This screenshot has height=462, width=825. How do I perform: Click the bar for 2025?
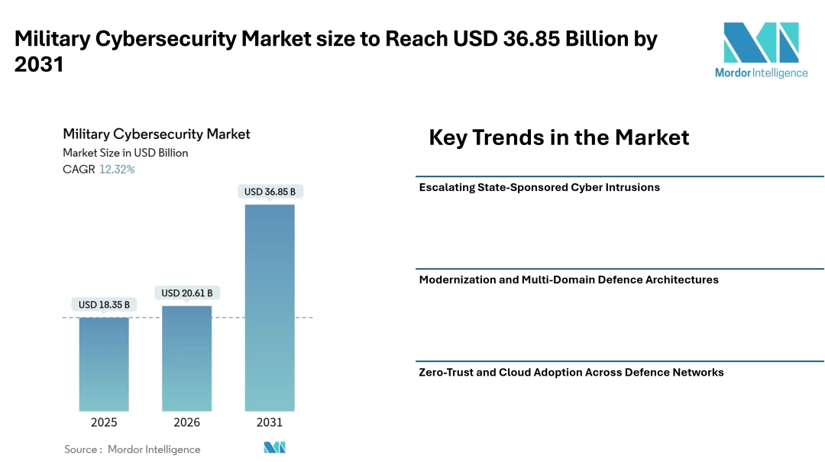pos(104,364)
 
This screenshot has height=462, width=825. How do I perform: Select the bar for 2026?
pos(186,358)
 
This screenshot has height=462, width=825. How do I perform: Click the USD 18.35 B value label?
pos(104,305)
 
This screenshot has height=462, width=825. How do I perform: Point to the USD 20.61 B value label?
pos(186,292)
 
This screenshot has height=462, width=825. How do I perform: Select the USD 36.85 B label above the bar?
pos(270,192)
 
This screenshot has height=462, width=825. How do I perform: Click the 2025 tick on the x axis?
pos(104,422)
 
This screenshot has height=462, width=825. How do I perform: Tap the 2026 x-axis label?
pos(186,422)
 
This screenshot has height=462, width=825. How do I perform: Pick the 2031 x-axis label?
pos(270,422)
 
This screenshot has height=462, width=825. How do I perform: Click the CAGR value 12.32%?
pos(117,170)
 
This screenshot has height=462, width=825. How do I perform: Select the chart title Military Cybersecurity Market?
pos(157,134)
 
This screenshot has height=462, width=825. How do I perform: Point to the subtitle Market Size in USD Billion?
pos(125,153)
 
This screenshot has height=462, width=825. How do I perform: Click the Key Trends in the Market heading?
pos(558,137)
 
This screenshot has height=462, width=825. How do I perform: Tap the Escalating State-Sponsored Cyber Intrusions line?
pos(539,187)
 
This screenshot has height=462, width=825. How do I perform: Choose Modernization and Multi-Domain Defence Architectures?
pos(568,279)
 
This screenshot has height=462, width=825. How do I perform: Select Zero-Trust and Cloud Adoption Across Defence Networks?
pos(571,373)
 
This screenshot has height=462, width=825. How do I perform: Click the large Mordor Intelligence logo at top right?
pos(761,50)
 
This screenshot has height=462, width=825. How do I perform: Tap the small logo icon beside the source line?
pos(274,448)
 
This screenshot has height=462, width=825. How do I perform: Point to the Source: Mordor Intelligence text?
pos(132,449)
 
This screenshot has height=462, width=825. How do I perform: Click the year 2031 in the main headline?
pos(39,66)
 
